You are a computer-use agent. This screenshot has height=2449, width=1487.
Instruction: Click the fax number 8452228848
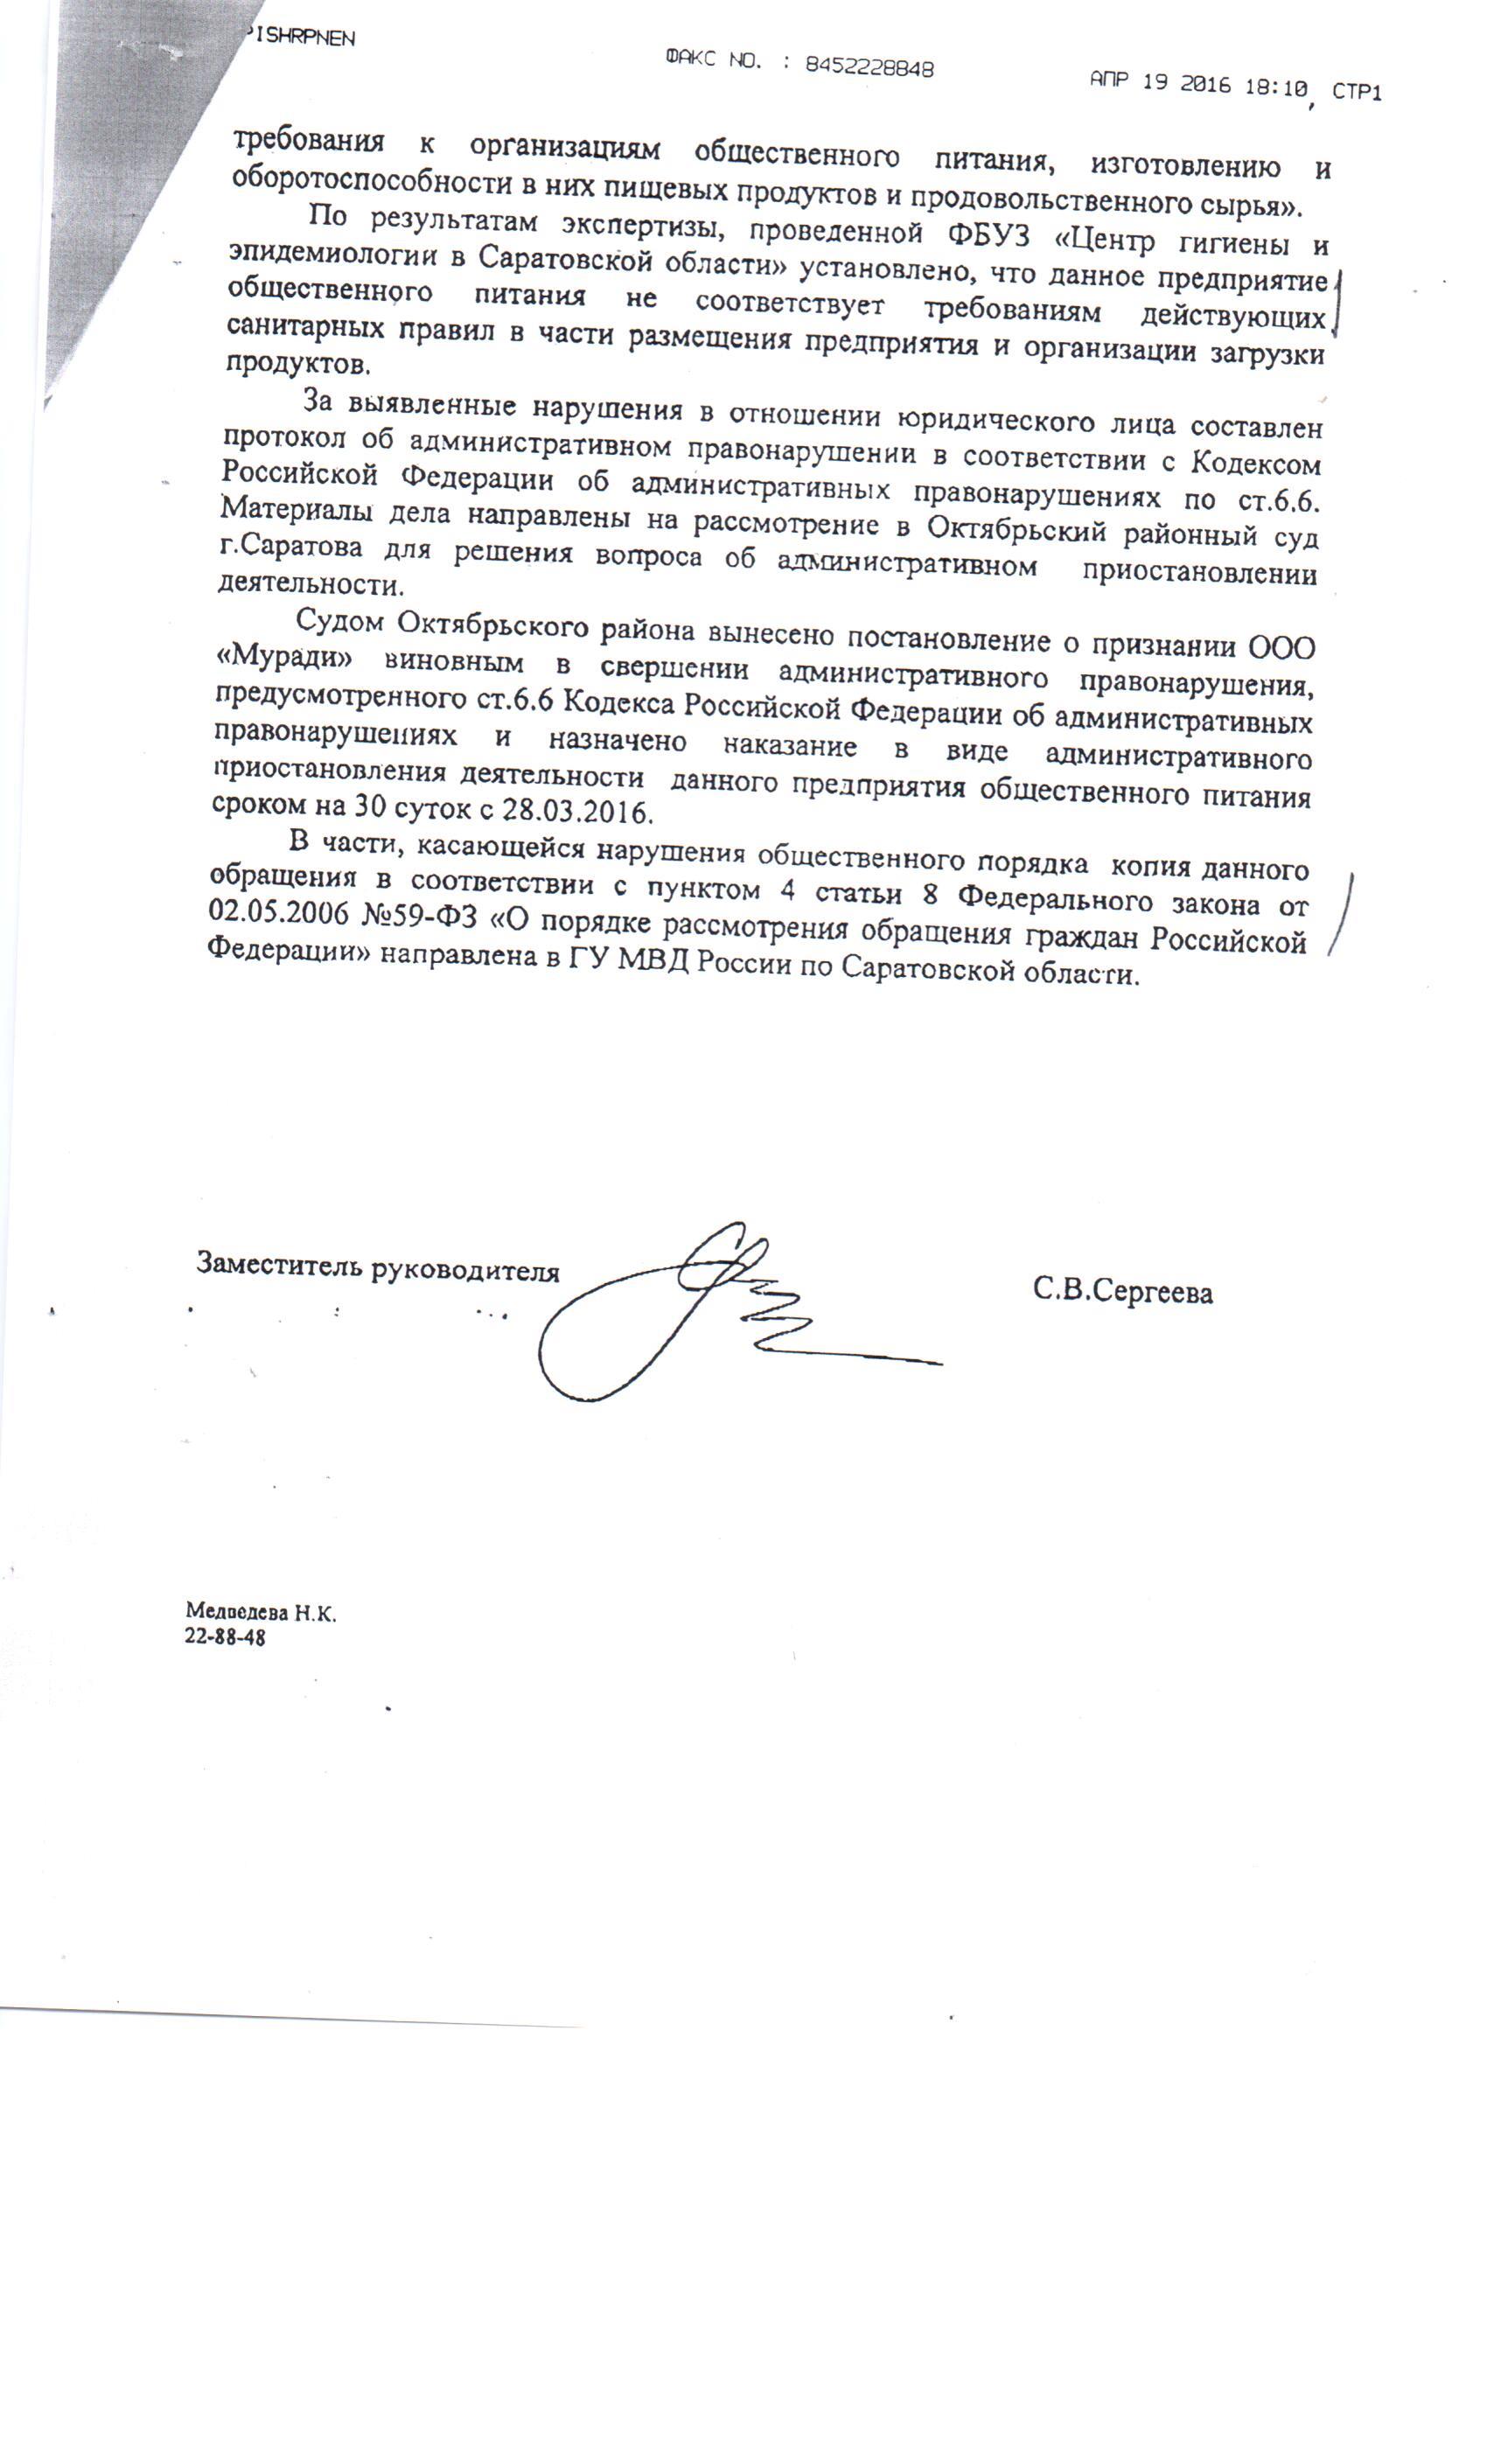[869, 66]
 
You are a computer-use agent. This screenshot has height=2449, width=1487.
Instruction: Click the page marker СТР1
[1356, 93]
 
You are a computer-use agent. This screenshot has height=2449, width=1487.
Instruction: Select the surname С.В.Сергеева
[1122, 1291]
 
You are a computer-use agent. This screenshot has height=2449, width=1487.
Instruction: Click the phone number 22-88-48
[225, 1637]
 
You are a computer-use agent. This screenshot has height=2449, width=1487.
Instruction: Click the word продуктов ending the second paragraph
[297, 364]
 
